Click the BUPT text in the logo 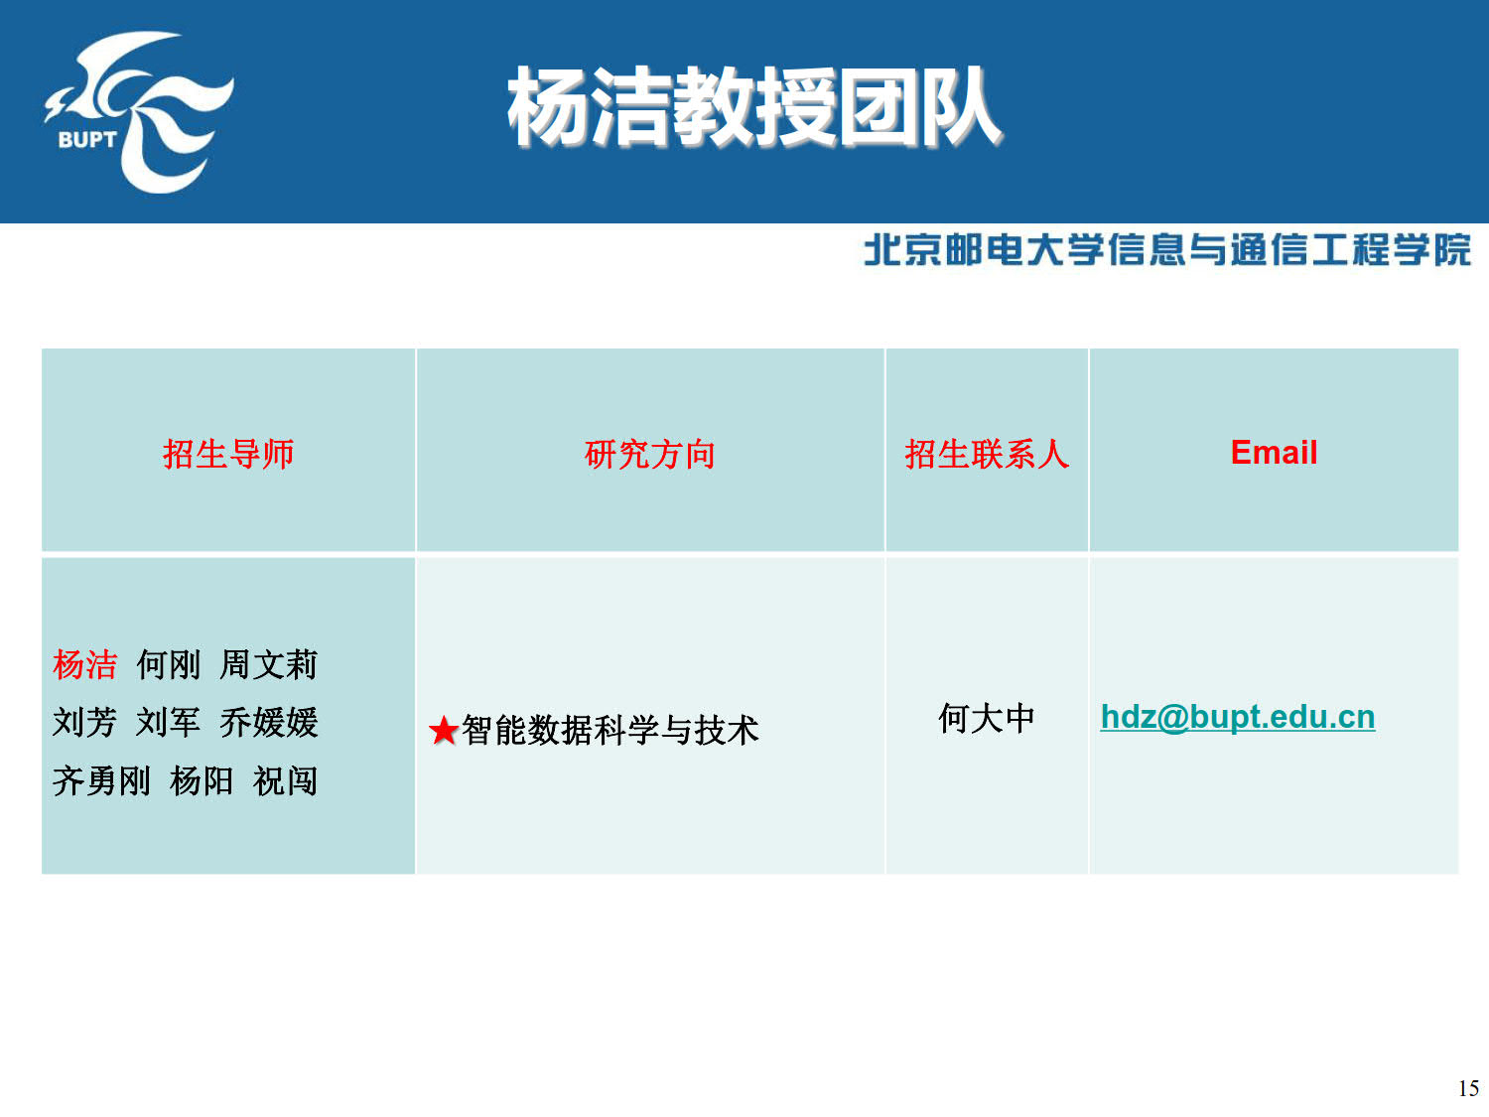87,140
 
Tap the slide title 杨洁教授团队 754,107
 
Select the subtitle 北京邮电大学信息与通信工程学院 1166,249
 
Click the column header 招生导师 228,454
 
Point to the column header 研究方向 650,454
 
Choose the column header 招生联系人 987,454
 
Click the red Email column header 1274,453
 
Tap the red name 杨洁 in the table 84,664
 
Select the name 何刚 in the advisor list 168,664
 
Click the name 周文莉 269,664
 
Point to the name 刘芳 84,722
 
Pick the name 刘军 168,722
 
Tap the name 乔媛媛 269,722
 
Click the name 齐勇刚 102,780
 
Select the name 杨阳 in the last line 202,780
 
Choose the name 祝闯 285,780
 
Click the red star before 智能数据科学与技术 444,731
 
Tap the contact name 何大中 987,718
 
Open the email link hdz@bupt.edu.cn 1237,718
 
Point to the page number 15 1468,1088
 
